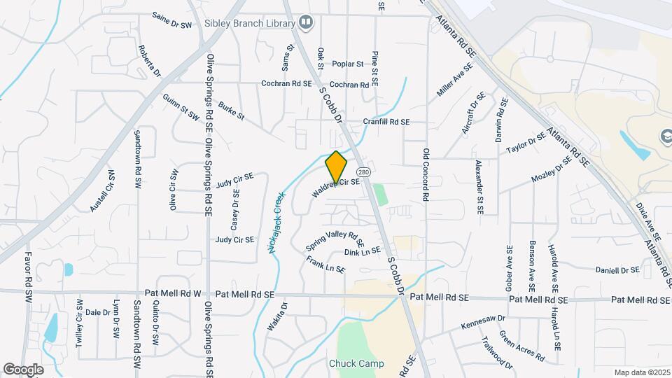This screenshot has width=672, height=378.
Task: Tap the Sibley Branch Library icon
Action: click(305, 23)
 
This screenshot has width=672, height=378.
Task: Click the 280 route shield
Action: click(363, 172)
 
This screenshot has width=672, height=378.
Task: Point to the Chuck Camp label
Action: click(353, 364)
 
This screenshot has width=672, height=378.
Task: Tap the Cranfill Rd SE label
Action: click(386, 122)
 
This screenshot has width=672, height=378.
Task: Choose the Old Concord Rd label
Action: click(425, 175)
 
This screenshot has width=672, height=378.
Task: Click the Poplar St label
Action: click(348, 64)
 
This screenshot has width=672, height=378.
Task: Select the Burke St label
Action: click(231, 111)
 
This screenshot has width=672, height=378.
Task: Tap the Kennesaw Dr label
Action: click(483, 323)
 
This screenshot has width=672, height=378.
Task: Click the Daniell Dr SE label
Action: click(617, 270)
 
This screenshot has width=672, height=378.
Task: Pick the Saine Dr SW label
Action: click(171, 22)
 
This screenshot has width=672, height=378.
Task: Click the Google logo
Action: click(23, 369)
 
